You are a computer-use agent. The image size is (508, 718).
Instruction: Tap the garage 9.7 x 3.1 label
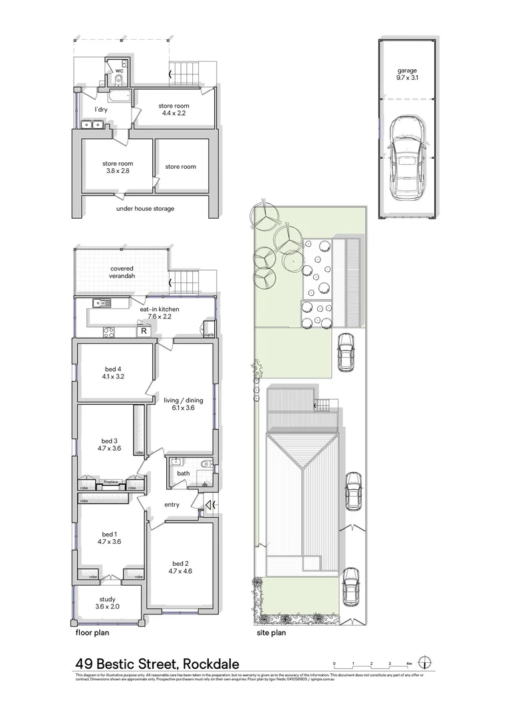click(408, 73)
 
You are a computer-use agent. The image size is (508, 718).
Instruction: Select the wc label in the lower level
click(120, 70)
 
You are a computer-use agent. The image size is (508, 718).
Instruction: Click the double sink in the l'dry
click(92, 124)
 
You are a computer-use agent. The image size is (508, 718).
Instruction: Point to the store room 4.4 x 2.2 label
click(174, 110)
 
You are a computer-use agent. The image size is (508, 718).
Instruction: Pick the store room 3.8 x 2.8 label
click(118, 168)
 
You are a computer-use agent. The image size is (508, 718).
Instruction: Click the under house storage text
click(145, 208)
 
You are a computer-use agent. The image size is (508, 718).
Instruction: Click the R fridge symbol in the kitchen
click(143, 331)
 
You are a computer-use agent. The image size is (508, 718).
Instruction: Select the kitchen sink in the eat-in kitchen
click(102, 303)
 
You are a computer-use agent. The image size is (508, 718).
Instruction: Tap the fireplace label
click(110, 482)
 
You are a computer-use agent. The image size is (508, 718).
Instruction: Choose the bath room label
click(182, 473)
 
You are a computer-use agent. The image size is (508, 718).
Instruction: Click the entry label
click(172, 505)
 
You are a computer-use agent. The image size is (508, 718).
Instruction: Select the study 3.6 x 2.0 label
click(106, 603)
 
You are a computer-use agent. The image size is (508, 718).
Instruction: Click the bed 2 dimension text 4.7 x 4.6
click(181, 570)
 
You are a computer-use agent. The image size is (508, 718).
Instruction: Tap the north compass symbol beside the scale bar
click(427, 662)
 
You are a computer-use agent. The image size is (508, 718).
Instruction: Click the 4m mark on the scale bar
click(409, 663)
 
